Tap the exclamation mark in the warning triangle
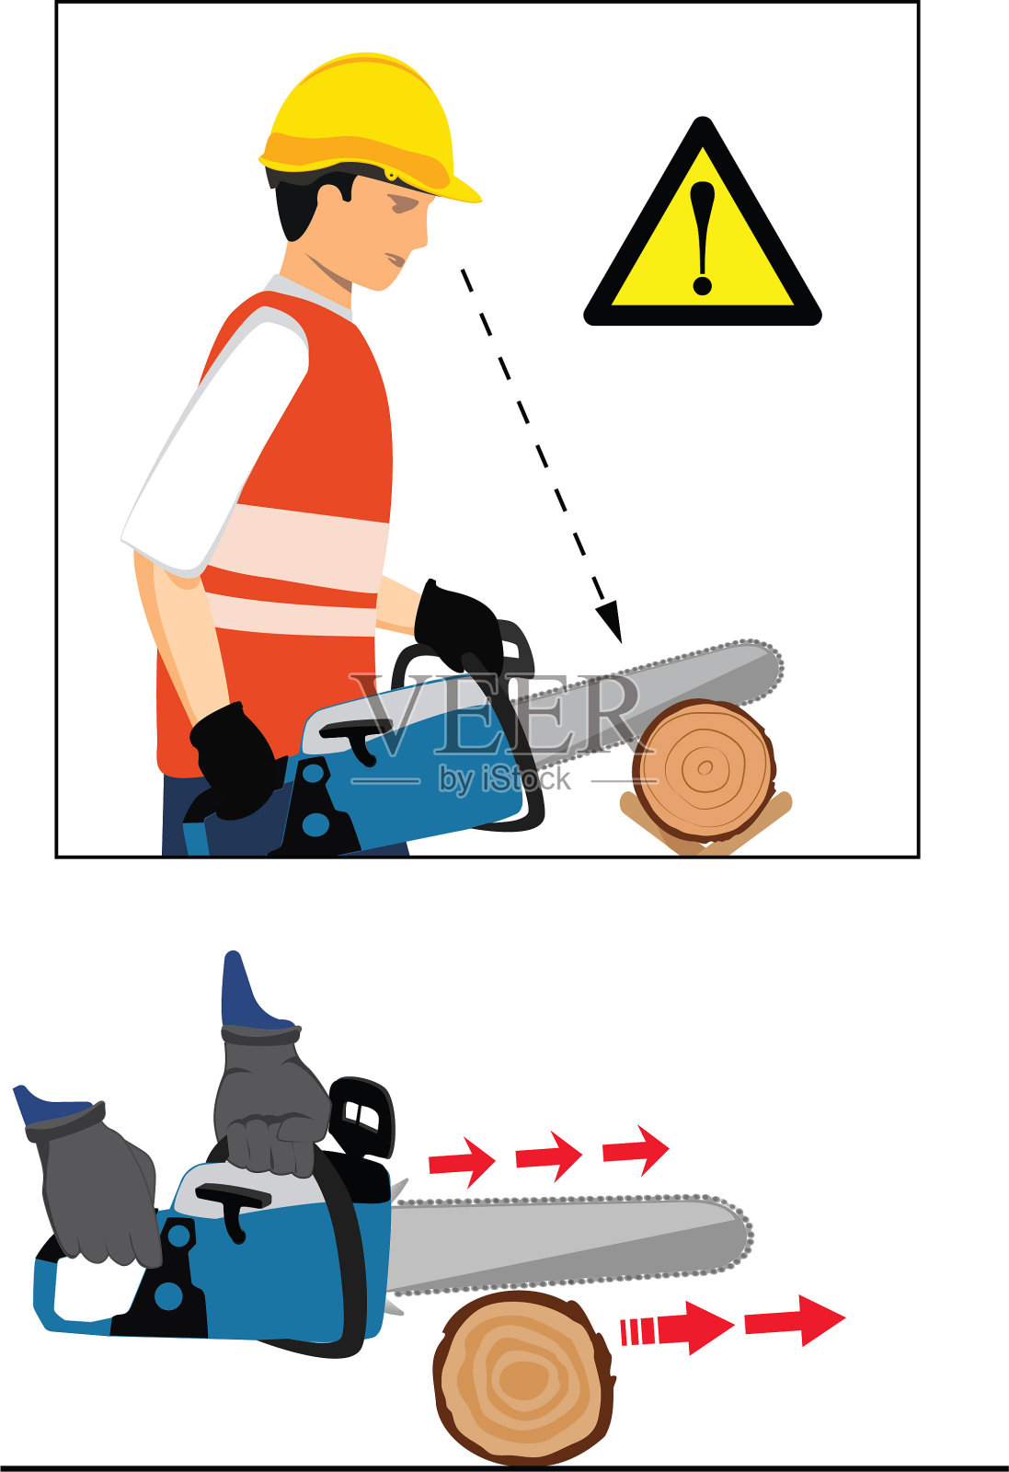pos(702,238)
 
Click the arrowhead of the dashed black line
pos(609,621)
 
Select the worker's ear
pos(333,185)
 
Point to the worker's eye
pos(402,204)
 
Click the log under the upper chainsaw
pos(705,770)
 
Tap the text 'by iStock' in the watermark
pos(504,779)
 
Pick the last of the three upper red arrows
pos(636,1150)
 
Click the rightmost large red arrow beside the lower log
pos(795,1321)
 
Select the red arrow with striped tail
pos(678,1328)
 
